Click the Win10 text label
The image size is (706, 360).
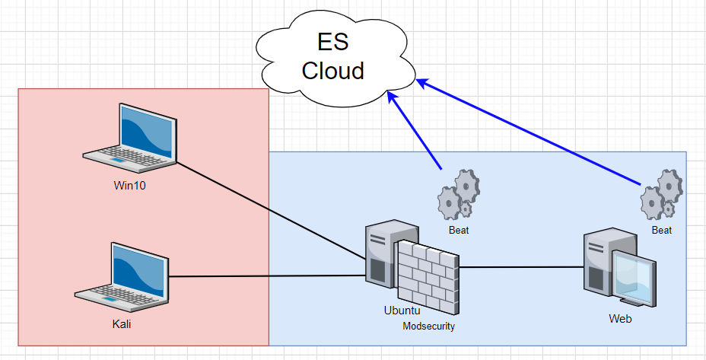(x=131, y=184)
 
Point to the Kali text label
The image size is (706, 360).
(x=122, y=325)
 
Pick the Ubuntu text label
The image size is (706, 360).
(x=402, y=311)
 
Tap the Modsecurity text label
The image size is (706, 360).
(x=428, y=327)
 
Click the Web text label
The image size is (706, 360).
(x=620, y=319)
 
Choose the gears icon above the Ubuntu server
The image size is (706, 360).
(x=458, y=195)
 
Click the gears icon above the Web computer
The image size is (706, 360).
(x=661, y=195)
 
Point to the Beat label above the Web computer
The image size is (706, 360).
(x=662, y=229)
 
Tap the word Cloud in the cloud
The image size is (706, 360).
(x=332, y=70)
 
